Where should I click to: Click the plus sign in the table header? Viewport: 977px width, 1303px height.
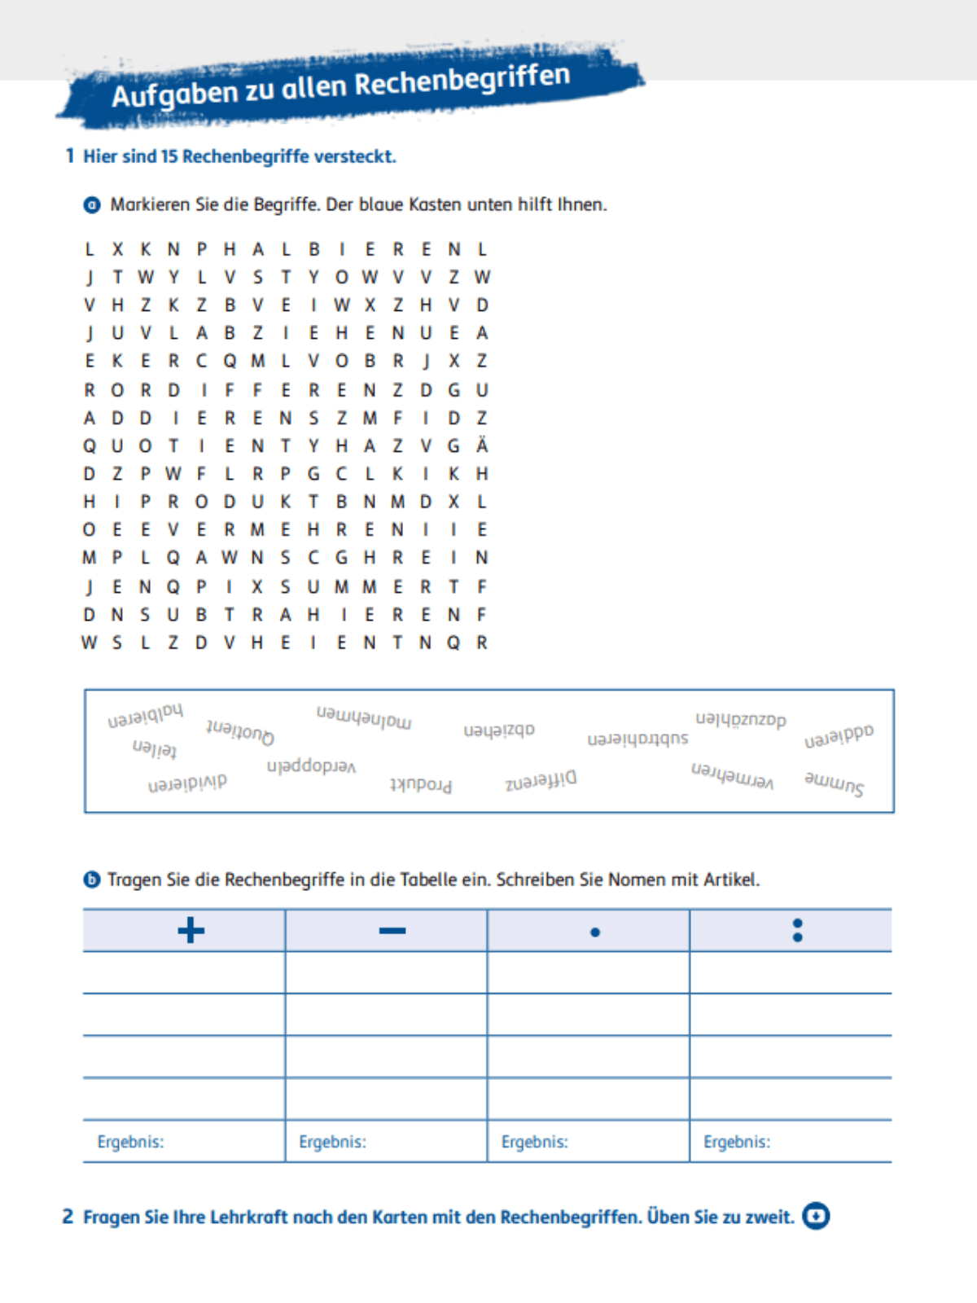(x=191, y=930)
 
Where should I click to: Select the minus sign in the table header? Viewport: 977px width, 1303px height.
(x=392, y=930)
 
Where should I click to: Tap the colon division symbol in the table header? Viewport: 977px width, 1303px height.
(x=797, y=930)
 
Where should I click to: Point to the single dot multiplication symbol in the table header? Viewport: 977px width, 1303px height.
(x=595, y=932)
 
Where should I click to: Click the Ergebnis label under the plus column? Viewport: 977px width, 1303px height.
(x=130, y=1142)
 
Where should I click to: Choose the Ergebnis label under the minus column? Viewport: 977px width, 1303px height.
(x=332, y=1142)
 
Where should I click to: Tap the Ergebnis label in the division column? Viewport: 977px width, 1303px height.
(x=736, y=1142)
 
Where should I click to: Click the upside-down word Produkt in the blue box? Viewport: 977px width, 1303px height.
(x=420, y=784)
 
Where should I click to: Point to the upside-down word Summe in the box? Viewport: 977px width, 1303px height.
(x=834, y=783)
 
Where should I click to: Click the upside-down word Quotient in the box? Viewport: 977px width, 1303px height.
(x=240, y=731)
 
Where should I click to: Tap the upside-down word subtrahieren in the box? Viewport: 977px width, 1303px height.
(x=637, y=739)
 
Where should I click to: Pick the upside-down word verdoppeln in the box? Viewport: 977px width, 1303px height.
(x=311, y=766)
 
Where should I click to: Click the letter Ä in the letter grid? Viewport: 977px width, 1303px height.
(x=482, y=445)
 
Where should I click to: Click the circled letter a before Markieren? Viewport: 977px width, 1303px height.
(x=93, y=205)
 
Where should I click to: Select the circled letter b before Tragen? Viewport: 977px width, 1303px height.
(x=92, y=880)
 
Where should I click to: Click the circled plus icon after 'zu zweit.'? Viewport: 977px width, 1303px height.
(x=815, y=1217)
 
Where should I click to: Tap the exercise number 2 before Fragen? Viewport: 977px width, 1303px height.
(x=68, y=1217)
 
